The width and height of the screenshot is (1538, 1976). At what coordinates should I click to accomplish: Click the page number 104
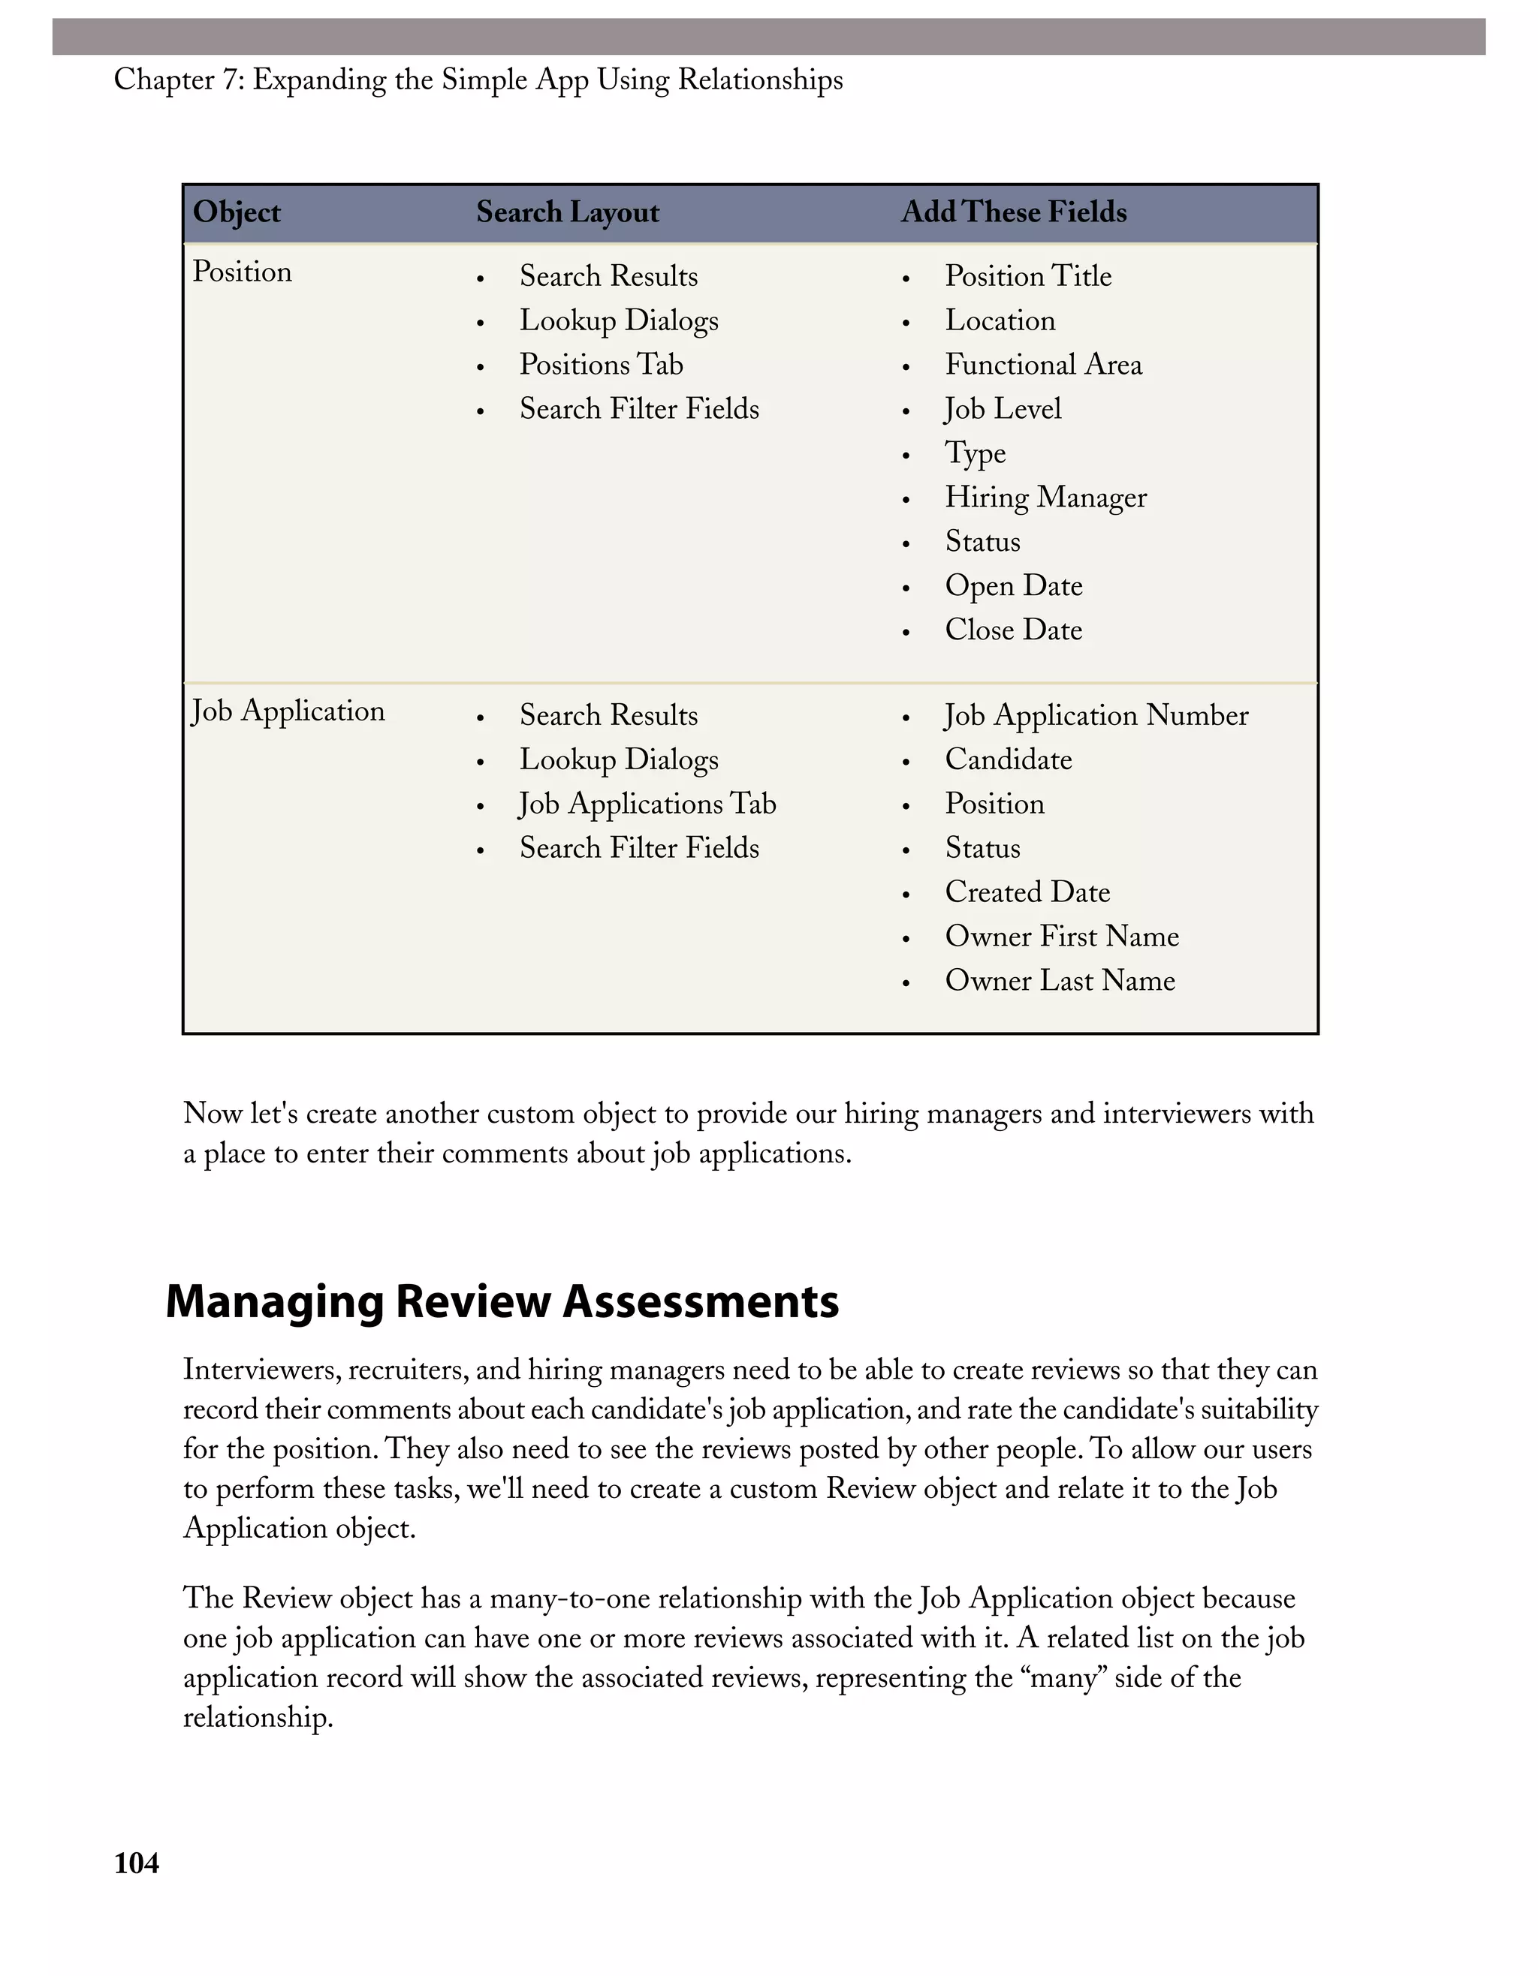136,1863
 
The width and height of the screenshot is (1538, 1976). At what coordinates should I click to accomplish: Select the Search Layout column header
568,212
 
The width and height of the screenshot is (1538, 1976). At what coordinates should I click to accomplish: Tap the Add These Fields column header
1013,212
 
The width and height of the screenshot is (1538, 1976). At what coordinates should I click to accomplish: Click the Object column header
237,212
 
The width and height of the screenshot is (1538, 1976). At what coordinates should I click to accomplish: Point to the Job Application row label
288,711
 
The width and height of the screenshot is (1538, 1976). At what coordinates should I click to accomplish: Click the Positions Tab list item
600,365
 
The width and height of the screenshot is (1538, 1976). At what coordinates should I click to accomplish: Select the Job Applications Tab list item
647,805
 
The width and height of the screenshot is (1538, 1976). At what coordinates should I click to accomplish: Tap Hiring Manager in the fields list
1045,498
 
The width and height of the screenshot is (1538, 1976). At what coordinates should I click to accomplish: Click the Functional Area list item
1043,365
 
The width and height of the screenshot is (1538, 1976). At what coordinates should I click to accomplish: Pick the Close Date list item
1013,630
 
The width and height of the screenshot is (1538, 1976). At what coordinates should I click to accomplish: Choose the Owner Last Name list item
1059,981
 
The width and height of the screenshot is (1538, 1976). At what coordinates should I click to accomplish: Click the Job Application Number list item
1096,716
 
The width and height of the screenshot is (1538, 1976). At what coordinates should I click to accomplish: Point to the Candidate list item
1008,760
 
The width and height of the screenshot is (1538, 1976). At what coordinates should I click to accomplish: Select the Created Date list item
1027,892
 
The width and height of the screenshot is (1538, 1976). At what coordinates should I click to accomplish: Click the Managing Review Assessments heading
502,1302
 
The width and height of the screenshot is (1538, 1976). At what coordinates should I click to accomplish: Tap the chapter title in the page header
478,80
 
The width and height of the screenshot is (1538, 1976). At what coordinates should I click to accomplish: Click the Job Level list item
1002,409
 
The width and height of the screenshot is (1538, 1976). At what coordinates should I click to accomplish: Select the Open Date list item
1013,586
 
